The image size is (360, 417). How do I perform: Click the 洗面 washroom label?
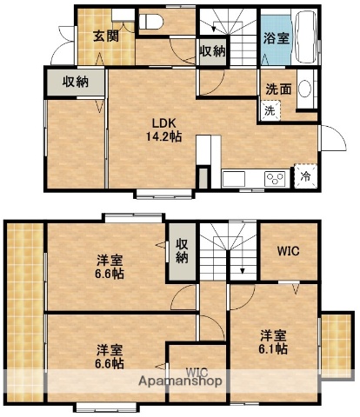pos(277,88)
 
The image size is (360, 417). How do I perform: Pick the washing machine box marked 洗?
pos(270,110)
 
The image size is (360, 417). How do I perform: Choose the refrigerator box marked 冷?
pos(305,175)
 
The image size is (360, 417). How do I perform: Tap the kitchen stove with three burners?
pos(276,179)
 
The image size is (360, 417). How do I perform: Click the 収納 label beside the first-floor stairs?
pos(212,50)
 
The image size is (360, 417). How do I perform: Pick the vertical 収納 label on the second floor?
pos(181,250)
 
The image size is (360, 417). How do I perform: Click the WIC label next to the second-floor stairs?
pos(290,251)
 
